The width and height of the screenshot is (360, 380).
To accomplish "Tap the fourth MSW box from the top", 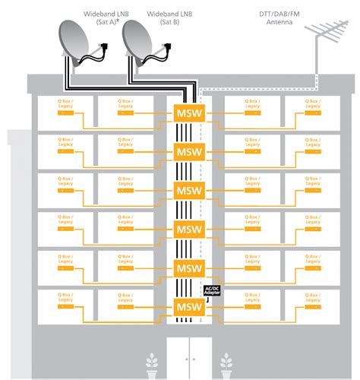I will coord(188,228).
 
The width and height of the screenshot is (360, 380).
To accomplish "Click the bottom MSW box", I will coord(188,306).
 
